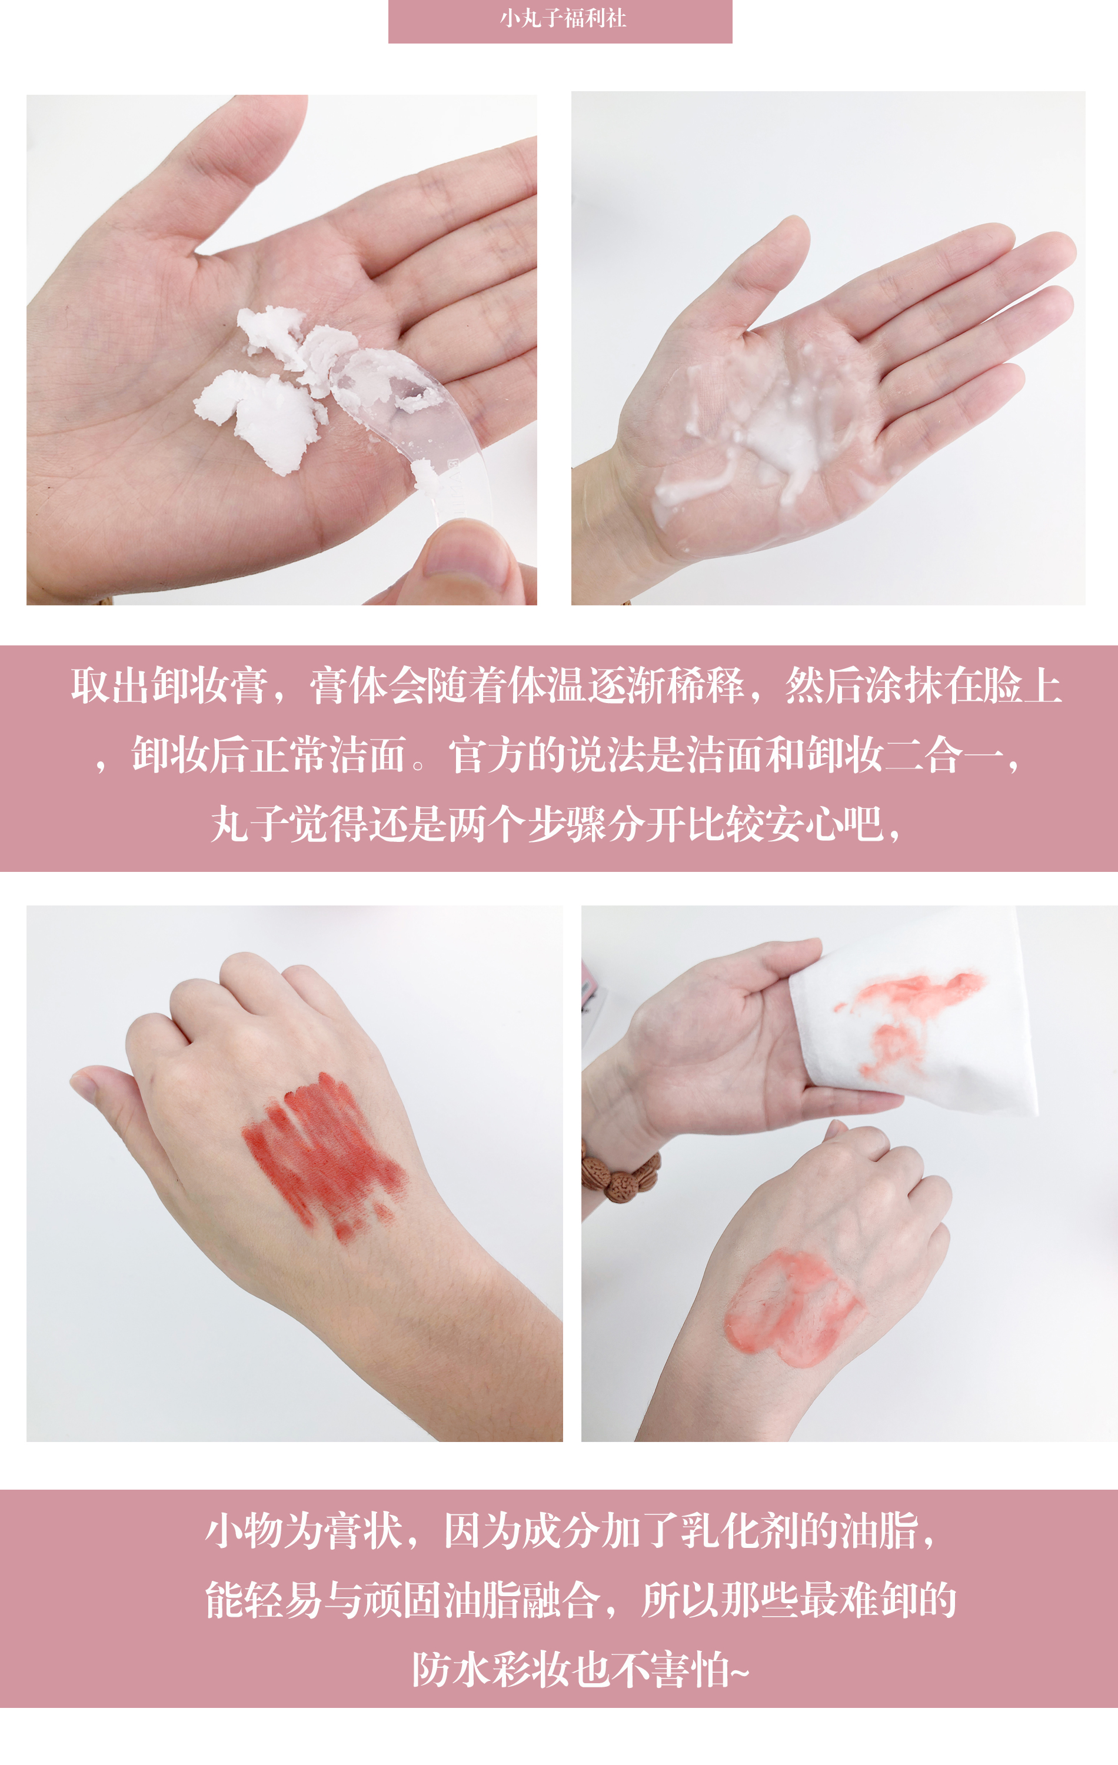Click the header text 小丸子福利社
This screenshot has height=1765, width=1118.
tap(563, 18)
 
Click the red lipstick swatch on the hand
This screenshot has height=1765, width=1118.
tap(322, 1151)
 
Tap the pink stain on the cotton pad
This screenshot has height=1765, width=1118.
tap(909, 1011)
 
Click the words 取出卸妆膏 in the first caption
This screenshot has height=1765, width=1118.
tap(169, 687)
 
